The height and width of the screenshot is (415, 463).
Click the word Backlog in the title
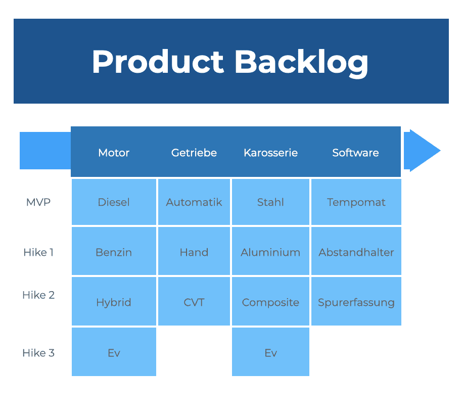coord(301,63)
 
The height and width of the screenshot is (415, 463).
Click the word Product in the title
coord(158,62)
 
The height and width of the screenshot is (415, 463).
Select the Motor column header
coord(114,153)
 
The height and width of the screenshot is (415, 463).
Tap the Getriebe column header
coord(194,153)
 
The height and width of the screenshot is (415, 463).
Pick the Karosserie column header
coord(271,153)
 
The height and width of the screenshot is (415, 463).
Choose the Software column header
coord(355,153)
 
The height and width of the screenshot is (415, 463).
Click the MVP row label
coord(38,202)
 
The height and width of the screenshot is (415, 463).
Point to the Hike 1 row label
coord(38,253)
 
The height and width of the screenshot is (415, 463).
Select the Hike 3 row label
coord(38,353)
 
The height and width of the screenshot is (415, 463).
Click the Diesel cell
coord(114,202)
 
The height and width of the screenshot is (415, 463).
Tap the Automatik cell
coord(194,202)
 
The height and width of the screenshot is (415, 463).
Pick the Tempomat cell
coord(356,202)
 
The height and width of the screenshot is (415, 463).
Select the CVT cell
coord(194,301)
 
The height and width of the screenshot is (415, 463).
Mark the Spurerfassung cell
coord(356,301)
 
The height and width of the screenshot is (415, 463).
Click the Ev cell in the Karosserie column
coord(270,352)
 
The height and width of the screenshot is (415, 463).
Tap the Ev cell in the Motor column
coord(114,352)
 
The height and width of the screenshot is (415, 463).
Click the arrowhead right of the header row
coord(422,151)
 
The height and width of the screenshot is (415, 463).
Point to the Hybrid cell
coord(114,301)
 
